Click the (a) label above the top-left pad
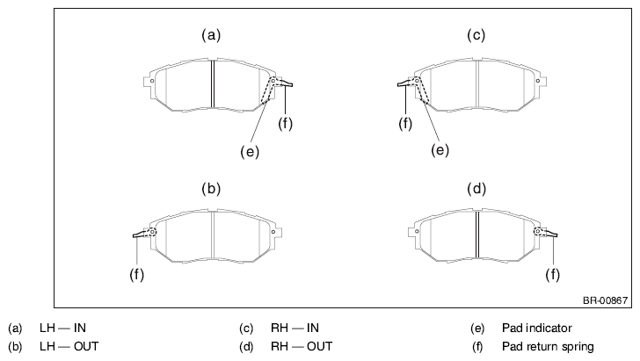211,35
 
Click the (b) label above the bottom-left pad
211,189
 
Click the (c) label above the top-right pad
476,35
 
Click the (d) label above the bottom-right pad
476,189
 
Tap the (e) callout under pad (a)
250,152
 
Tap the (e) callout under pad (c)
440,150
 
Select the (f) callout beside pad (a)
286,123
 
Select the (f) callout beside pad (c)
405,123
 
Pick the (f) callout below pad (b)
137,274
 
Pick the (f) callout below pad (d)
553,274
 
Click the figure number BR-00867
606,300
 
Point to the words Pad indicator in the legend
537,328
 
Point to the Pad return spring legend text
548,347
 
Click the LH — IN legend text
63,328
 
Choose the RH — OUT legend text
302,347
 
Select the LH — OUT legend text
69,347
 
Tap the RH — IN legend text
295,328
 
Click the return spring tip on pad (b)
135,235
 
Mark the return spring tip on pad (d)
556,235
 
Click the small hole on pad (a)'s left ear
152,81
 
